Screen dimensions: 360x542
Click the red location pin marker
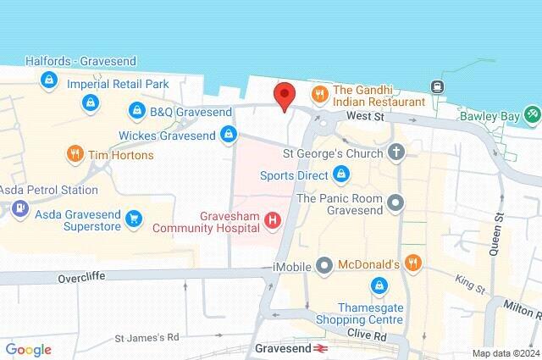click(284, 96)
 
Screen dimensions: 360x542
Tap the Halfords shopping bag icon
click(49, 80)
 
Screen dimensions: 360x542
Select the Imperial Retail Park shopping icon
click(89, 102)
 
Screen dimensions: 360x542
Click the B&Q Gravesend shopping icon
click(137, 111)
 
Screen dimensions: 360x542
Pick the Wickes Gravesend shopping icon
click(228, 134)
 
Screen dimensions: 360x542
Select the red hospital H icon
click(273, 220)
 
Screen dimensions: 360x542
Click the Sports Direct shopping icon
click(340, 175)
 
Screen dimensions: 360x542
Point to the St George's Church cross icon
click(395, 153)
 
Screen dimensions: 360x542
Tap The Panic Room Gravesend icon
click(395, 202)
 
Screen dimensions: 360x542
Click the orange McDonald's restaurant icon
click(412, 264)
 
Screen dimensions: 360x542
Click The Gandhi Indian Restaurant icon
click(321, 94)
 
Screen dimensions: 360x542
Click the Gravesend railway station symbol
click(321, 348)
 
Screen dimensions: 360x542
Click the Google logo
click(28, 350)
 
